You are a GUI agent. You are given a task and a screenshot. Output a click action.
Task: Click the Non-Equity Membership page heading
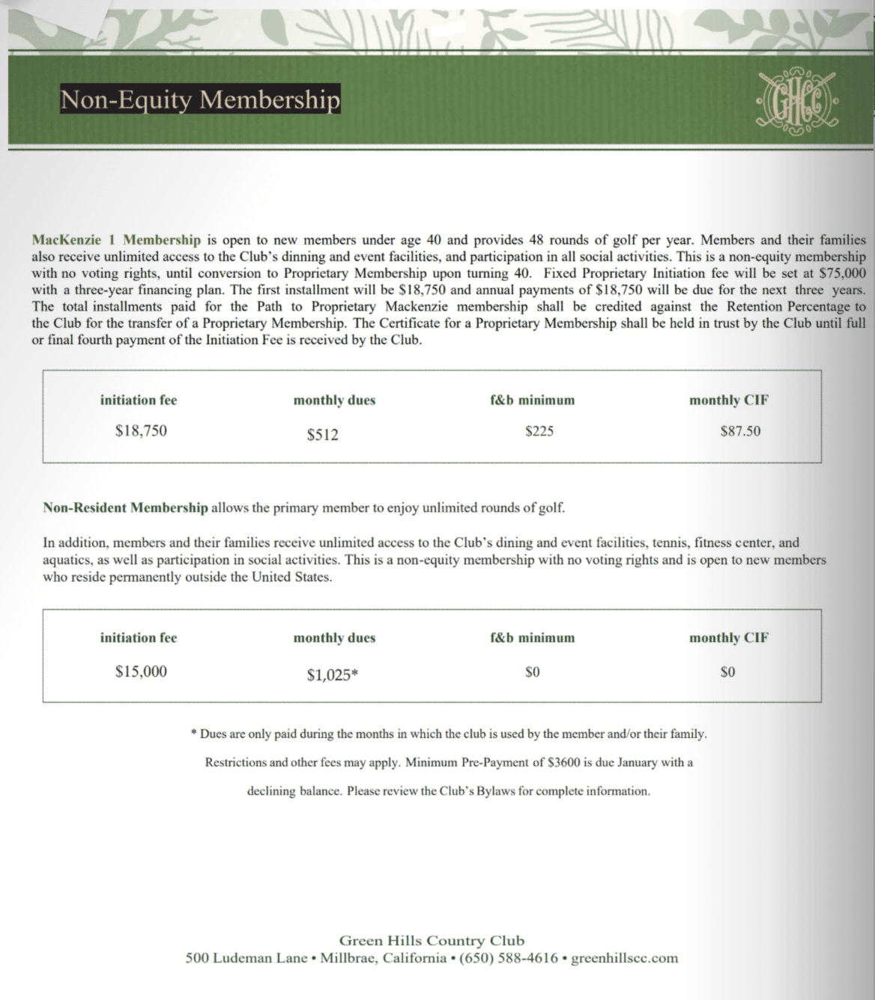(200, 99)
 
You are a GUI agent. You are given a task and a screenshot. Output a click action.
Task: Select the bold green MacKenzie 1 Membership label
(116, 240)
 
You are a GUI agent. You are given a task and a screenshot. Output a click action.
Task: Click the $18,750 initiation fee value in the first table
(141, 430)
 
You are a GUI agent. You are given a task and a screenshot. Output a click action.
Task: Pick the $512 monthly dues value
(323, 434)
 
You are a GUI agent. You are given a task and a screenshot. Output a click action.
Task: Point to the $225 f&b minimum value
(539, 431)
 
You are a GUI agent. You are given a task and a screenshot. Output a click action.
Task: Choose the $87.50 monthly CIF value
(740, 431)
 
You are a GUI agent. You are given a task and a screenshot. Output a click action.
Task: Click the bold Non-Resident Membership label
(125, 507)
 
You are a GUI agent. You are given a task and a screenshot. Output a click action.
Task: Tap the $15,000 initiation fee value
(141, 671)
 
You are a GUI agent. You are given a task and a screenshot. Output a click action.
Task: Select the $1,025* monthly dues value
(333, 675)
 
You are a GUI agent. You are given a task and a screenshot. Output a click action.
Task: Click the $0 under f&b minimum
(532, 672)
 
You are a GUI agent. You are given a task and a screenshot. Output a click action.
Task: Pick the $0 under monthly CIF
(727, 672)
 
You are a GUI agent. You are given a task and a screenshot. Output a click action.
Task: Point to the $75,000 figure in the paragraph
(843, 273)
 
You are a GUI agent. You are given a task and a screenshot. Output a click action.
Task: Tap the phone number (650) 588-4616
(508, 958)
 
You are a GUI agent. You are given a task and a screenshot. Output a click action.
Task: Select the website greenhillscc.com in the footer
(624, 958)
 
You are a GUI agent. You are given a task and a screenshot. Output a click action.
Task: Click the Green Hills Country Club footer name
(432, 941)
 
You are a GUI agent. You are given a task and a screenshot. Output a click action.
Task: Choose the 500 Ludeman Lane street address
(246, 958)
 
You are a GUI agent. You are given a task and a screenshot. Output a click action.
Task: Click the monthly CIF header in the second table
(728, 638)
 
